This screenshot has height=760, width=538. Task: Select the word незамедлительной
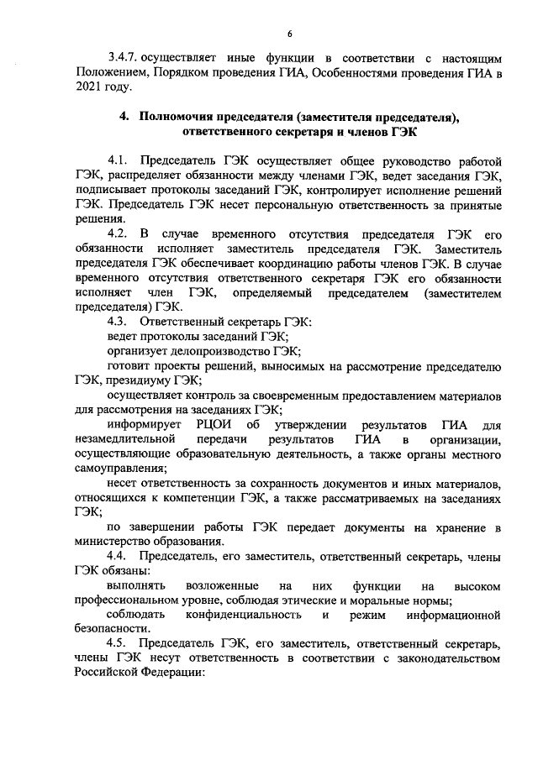click(124, 439)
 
